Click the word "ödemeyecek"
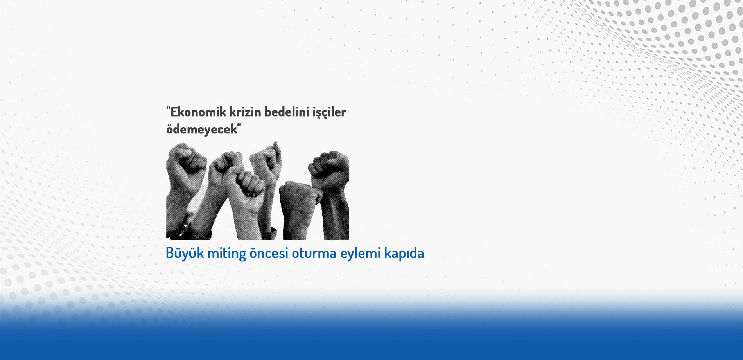point(200,129)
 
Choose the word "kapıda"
point(404,254)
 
